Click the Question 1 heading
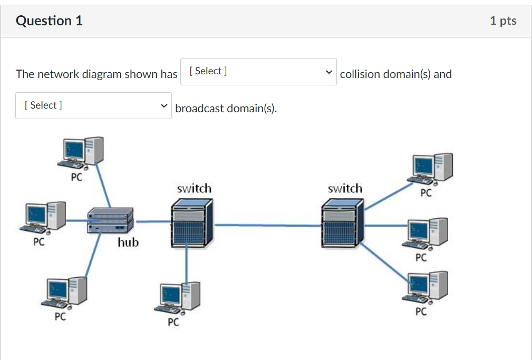[49, 21]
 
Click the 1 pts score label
[502, 21]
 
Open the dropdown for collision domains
[258, 72]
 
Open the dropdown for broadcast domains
[93, 105]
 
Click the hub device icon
[110, 221]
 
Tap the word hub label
[128, 242]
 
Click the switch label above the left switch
[194, 188]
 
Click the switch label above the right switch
[345, 188]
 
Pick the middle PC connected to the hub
[45, 217]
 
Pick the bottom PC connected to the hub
[65, 292]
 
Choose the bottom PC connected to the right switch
[428, 288]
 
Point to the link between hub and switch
[152, 221]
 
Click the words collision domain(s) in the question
[395, 74]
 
